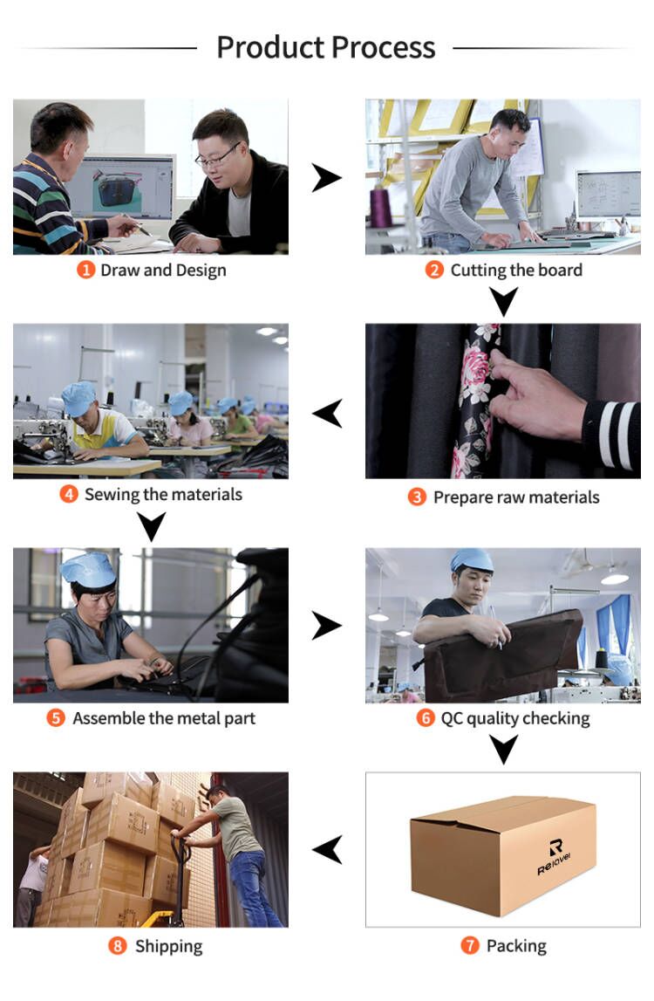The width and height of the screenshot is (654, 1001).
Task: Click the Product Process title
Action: coord(325,47)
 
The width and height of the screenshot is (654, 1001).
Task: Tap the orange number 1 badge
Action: coord(86,270)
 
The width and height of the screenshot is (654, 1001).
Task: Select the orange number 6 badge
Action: coord(426,718)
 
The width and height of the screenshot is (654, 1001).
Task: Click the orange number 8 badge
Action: coord(118,945)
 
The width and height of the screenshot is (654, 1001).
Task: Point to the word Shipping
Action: coord(168,946)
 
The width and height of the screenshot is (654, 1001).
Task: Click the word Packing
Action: coord(516,945)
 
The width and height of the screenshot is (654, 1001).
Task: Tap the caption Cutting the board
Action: coord(516,270)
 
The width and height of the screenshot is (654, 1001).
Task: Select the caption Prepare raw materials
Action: coord(516,497)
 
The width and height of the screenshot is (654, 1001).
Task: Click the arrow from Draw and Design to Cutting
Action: coord(326,177)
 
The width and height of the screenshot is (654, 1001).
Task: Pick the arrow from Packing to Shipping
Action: coord(327,850)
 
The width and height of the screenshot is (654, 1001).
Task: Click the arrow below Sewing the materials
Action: coord(151,527)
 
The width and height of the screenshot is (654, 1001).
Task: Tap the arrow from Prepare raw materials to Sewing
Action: coord(327,413)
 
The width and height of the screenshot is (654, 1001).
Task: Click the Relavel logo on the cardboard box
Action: coord(554,857)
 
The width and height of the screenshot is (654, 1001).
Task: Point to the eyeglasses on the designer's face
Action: coord(217,156)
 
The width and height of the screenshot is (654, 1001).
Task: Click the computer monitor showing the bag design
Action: coord(120,187)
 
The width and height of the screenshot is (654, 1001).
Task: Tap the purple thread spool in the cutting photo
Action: coord(381,208)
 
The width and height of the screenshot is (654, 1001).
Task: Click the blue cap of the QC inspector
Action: coord(472,560)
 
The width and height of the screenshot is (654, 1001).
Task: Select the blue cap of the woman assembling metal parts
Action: coord(88,568)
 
